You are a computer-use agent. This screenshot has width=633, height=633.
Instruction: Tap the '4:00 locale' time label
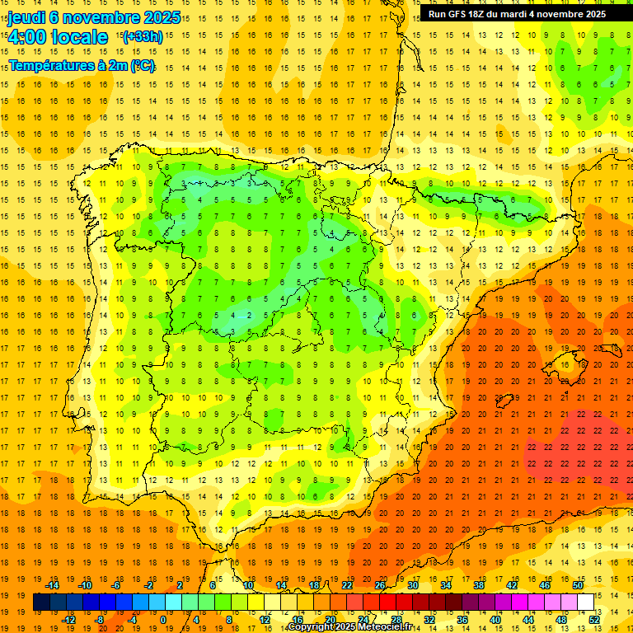coord(57,37)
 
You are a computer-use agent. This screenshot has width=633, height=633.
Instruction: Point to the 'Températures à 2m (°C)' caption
coord(81,66)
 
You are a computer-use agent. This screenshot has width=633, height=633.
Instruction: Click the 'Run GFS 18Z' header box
coord(517,14)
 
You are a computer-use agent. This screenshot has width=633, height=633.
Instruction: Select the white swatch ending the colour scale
coord(586,603)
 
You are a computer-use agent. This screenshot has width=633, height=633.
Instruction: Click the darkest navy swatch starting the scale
coord(41,603)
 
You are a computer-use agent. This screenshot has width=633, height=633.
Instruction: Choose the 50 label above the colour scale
coord(578,585)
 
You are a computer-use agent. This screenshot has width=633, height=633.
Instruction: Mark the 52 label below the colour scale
coord(594,620)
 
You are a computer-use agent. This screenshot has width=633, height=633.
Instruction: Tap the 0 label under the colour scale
coord(164,620)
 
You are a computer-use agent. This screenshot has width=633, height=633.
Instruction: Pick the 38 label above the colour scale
coord(479,585)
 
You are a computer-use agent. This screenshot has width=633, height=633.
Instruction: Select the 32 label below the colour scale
coord(429,620)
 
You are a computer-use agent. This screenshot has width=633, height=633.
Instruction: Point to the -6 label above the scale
coord(116,585)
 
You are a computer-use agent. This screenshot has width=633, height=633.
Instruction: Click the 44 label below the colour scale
coord(528,620)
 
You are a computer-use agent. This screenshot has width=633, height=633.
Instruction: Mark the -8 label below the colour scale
coord(100,620)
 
